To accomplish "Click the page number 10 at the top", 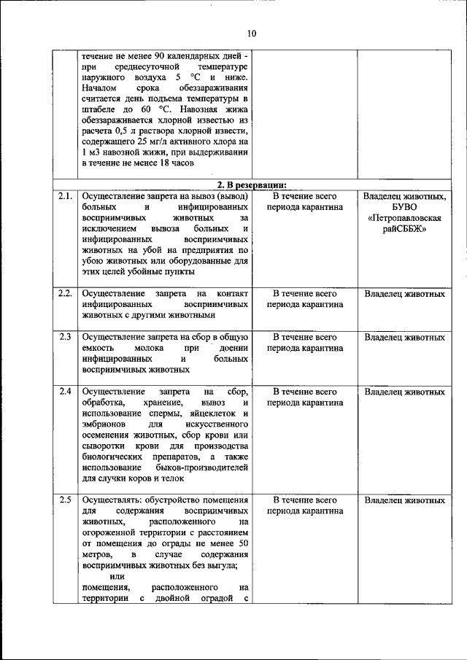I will point(252,33).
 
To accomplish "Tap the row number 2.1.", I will point(65,195).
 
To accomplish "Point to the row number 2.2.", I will point(65,293).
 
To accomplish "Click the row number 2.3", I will point(65,338).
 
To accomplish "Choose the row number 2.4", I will point(65,392).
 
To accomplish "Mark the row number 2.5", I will point(65,500).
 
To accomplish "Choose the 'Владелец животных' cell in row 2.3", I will point(404,338).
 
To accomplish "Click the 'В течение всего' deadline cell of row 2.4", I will point(304,392).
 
